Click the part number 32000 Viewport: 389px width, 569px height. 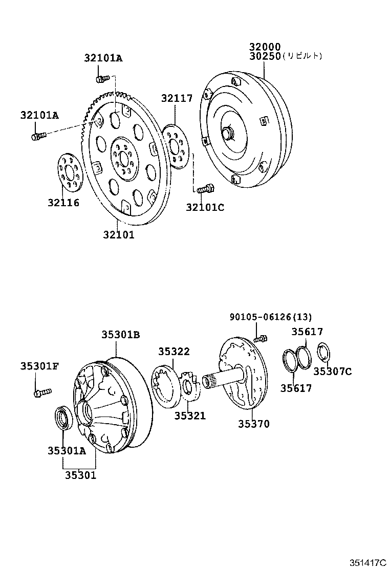click(265, 46)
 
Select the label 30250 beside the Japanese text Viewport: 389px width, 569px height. click(265, 56)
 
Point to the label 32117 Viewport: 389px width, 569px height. click(177, 98)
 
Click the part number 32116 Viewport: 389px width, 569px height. click(64, 203)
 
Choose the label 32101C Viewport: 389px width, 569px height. click(205, 207)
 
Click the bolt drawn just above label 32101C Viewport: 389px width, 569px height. click(204, 189)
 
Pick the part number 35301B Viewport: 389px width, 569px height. click(120, 335)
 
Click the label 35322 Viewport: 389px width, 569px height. click(174, 352)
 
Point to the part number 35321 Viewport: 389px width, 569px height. click(189, 416)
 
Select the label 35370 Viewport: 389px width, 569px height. click(253, 424)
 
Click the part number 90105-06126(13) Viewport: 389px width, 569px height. click(263, 317)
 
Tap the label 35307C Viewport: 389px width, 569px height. click(332, 371)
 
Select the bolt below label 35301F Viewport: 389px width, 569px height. click(41, 392)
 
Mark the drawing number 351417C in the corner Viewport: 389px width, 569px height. click(368, 562)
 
